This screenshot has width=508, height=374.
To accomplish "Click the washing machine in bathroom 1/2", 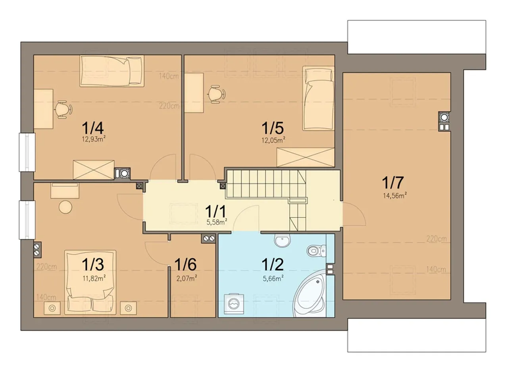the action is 234,304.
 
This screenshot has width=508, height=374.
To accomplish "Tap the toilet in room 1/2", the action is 316,251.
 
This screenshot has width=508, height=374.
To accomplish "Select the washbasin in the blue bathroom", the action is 282,241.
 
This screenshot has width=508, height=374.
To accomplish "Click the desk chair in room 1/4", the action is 63,110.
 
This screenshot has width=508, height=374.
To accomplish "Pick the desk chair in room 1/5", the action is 216,94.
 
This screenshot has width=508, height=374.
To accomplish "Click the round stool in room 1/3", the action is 65,207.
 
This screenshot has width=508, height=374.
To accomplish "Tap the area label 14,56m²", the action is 395,195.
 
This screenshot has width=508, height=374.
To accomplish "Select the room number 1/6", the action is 185,264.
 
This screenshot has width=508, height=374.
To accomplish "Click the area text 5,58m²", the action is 217,222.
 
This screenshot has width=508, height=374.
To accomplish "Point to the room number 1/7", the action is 393,183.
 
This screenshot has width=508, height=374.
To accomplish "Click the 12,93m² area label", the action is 94,139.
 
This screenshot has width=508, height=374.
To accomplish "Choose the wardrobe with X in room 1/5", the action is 306,157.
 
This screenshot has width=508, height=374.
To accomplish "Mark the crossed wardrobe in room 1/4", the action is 93,170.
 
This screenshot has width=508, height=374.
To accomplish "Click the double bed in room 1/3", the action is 90,282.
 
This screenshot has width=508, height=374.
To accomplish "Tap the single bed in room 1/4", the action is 112,71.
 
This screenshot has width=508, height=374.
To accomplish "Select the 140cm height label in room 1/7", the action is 436,269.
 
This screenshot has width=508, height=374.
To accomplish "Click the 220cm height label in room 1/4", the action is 169,106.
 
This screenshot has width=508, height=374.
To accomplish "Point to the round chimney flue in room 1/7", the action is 444,118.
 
